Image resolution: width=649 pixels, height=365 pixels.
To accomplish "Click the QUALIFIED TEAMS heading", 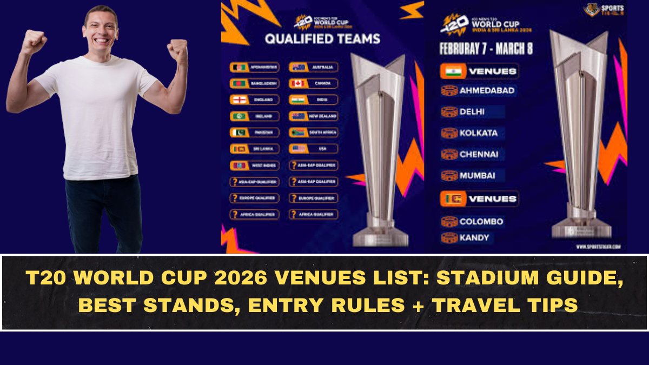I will (322, 39).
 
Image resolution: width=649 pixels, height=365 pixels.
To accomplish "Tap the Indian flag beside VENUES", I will (453, 71).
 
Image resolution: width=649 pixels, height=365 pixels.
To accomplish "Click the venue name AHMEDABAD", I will (486, 90).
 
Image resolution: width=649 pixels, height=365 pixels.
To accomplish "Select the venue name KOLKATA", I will (478, 133).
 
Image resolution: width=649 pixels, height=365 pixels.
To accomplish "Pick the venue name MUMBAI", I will (474, 175).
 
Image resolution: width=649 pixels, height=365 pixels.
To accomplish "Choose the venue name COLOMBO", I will (481, 222).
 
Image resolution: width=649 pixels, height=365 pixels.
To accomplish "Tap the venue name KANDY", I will (474, 238).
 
